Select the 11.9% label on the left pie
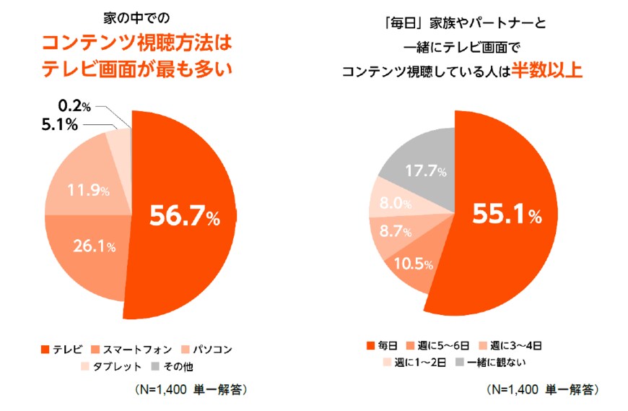88,191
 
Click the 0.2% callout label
74,107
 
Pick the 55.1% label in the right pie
506,215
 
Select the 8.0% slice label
396,204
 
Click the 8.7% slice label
395,233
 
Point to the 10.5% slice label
413,264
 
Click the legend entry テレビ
63,350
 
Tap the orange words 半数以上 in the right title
546,72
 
